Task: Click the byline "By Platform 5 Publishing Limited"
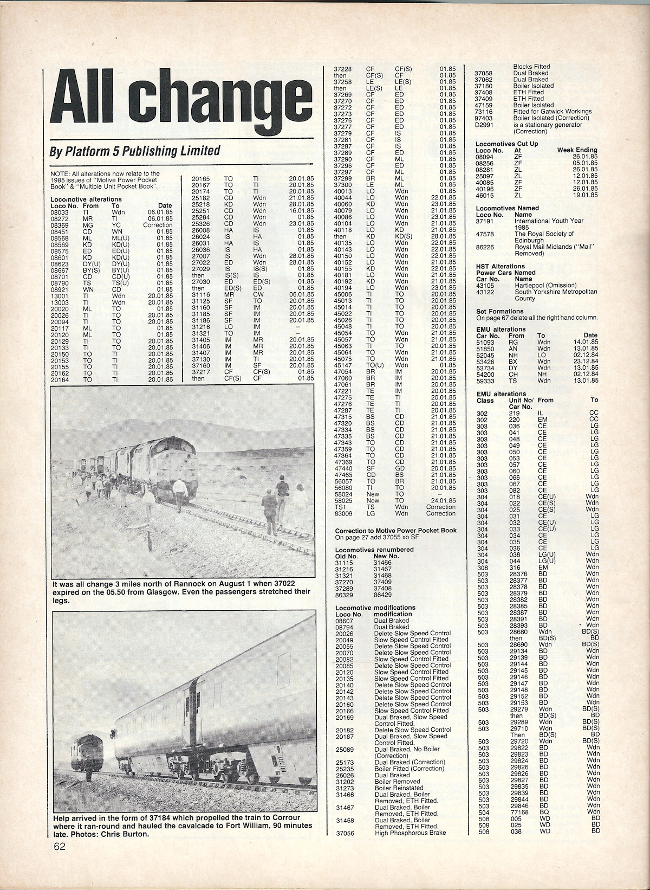(135, 151)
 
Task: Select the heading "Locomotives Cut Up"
(507, 143)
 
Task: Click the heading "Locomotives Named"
(508, 208)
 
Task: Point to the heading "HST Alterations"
(500, 266)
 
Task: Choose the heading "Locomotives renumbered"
(374, 550)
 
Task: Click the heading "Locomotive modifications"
(375, 608)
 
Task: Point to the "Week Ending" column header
(577, 150)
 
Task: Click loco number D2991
(484, 125)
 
